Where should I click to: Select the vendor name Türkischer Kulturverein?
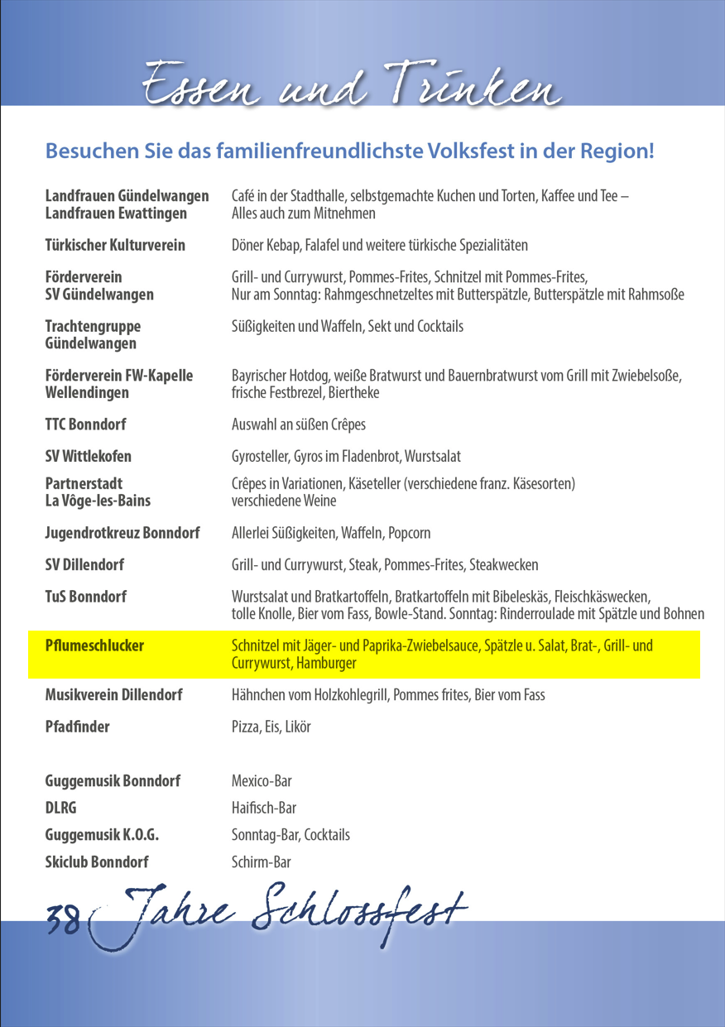click(x=115, y=246)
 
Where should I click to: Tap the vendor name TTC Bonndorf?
click(x=85, y=425)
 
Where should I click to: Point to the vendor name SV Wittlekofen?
click(x=88, y=456)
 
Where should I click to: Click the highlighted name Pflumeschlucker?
click(x=94, y=645)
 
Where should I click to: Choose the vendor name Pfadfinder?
click(x=77, y=727)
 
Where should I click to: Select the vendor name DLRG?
click(x=61, y=808)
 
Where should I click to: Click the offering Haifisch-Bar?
click(x=264, y=808)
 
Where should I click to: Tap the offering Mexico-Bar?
click(x=262, y=781)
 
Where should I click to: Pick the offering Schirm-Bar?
click(x=262, y=861)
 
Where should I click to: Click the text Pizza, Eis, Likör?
click(x=271, y=727)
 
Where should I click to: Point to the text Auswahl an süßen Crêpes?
click(x=299, y=425)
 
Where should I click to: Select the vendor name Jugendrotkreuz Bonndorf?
click(x=122, y=533)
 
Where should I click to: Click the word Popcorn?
click(x=410, y=533)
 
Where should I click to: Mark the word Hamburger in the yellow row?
click(x=328, y=663)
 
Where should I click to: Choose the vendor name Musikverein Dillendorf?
click(x=113, y=694)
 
